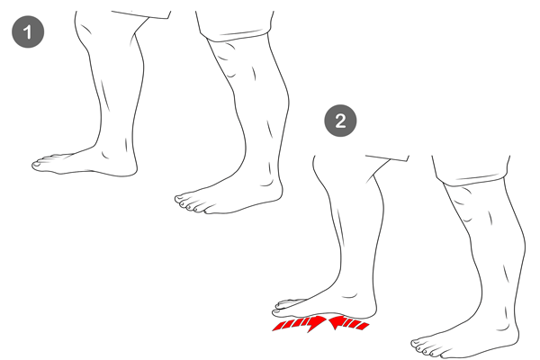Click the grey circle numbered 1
coord(28,31)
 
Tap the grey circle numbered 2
coord(340,121)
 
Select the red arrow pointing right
coord(300,324)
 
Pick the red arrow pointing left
coord(348,323)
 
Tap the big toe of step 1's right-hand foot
coord(181,200)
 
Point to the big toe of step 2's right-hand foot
coord(417,344)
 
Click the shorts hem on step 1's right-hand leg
coord(234,35)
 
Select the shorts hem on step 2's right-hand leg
coord(471,180)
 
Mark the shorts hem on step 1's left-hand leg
coord(141,14)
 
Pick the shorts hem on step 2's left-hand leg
coord(387,157)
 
